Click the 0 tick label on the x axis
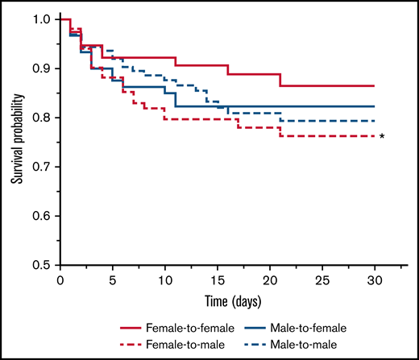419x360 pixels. (60, 280)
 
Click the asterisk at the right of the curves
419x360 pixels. (382, 137)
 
